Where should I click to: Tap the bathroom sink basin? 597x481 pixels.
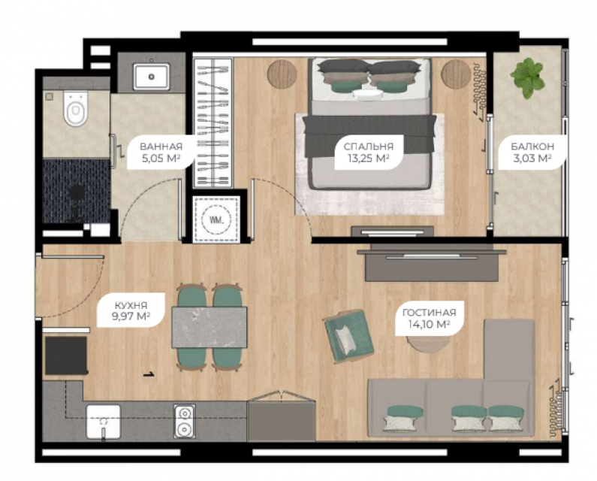(x=151, y=77)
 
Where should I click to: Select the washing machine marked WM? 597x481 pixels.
(x=216, y=220)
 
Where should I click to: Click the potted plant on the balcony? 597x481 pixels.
(x=528, y=78)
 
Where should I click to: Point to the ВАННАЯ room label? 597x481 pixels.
(x=161, y=147)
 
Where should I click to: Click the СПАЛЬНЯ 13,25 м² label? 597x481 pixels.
(x=368, y=152)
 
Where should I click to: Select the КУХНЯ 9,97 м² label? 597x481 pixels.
(x=131, y=310)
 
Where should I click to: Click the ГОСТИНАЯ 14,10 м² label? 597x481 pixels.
(x=429, y=318)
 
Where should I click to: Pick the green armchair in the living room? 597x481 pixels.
(x=348, y=335)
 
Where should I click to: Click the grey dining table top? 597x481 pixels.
(x=209, y=327)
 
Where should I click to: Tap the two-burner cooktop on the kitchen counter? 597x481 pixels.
(x=184, y=421)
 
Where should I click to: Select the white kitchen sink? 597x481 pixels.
(x=103, y=422)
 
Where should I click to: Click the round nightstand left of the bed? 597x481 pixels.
(x=282, y=74)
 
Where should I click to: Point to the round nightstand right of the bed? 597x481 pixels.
(x=456, y=74)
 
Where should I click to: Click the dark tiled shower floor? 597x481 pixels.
(x=76, y=191)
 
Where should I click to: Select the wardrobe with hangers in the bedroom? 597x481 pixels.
(x=213, y=123)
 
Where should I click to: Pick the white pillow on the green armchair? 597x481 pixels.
(x=345, y=338)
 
